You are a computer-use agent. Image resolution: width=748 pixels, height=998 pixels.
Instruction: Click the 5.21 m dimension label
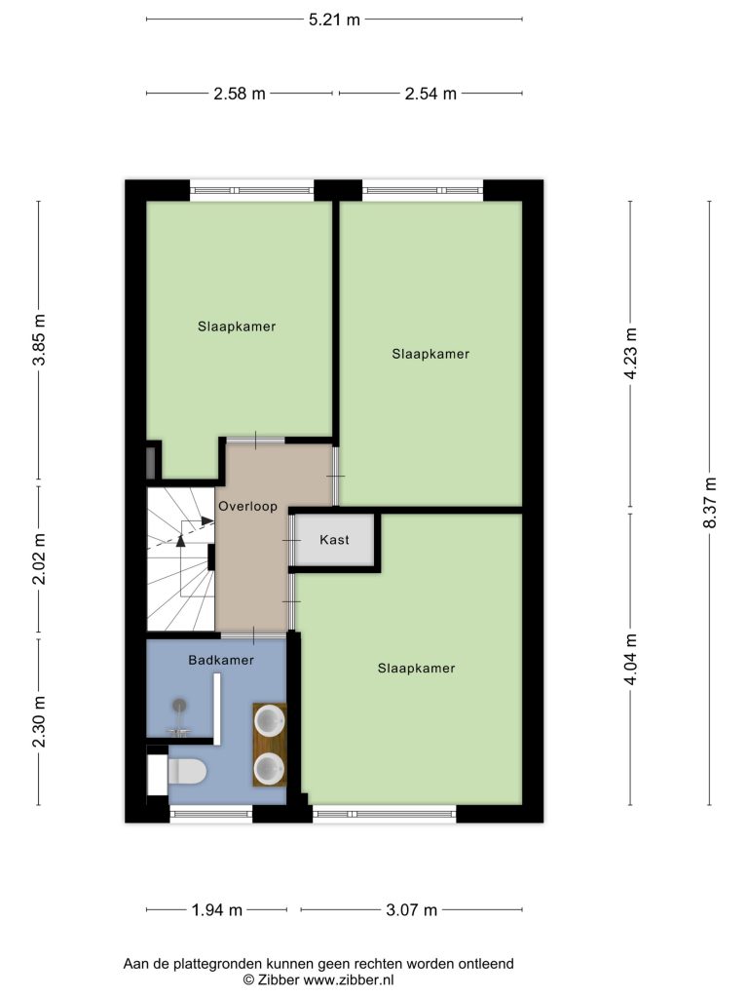(x=335, y=19)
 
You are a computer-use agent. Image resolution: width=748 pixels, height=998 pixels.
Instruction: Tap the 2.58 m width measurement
(x=240, y=94)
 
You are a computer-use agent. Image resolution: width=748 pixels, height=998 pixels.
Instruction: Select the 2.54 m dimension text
(x=430, y=94)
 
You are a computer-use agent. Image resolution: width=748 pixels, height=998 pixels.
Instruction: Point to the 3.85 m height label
(x=39, y=339)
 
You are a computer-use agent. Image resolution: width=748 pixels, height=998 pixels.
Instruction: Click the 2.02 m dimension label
(x=39, y=558)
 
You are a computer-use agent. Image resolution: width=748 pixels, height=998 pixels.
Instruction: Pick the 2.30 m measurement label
(x=39, y=722)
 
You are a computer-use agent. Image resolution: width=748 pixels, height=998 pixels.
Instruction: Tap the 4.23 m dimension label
(x=630, y=354)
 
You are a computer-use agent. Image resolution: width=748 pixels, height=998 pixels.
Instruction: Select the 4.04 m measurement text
(x=630, y=659)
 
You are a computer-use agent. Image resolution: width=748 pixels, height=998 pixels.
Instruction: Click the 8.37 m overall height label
(x=710, y=502)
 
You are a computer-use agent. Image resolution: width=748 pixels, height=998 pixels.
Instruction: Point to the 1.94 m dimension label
(x=217, y=910)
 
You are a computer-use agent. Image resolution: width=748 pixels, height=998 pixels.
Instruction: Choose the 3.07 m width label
(x=412, y=910)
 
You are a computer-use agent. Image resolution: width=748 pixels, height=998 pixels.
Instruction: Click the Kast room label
(x=335, y=540)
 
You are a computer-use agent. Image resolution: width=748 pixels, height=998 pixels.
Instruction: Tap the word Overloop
(x=248, y=507)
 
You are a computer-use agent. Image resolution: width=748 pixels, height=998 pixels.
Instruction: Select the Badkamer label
(x=221, y=660)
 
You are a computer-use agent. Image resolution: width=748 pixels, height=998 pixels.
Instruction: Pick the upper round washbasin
(x=269, y=720)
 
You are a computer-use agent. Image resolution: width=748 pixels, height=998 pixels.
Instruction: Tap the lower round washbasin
(x=269, y=769)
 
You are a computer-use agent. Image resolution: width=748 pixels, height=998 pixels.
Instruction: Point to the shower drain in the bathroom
(x=180, y=705)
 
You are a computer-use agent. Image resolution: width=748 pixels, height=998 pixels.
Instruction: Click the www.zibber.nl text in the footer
(x=349, y=980)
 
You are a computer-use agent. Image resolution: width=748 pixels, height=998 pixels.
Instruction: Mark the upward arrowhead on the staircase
(x=180, y=541)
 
